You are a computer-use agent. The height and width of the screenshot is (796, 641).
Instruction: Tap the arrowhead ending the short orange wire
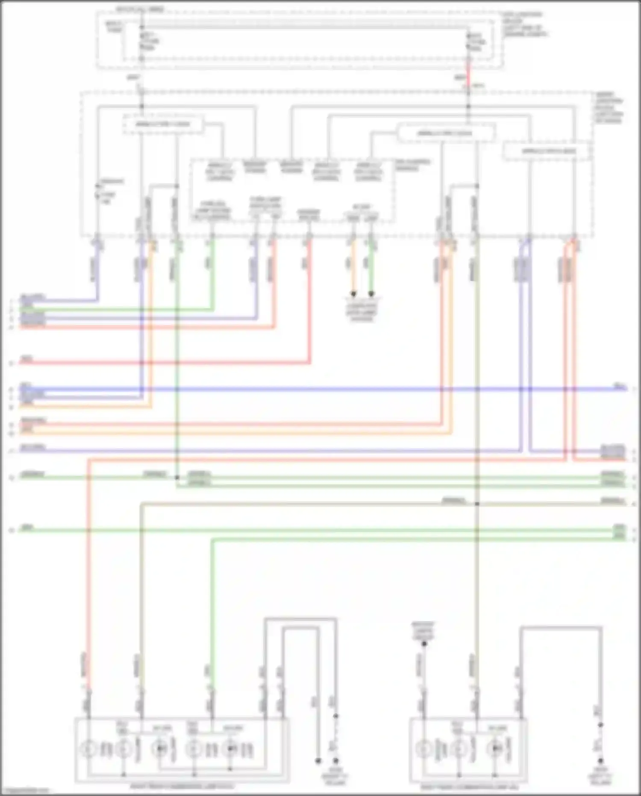[x=353, y=294]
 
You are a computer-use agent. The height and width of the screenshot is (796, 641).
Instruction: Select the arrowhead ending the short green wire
[x=371, y=294]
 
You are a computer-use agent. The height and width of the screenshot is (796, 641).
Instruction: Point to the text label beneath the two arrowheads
[x=362, y=312]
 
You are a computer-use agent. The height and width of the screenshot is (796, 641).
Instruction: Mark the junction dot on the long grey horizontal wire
[x=477, y=504]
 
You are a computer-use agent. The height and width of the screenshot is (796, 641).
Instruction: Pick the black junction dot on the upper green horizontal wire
[x=177, y=477]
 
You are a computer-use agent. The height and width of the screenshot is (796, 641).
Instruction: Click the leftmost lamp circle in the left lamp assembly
[x=88, y=749]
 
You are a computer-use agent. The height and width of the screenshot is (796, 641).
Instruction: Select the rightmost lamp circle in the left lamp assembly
[x=231, y=749]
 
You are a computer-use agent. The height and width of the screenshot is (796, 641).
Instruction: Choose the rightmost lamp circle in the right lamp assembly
[x=496, y=749]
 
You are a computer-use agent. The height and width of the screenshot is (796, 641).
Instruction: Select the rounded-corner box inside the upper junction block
[x=446, y=133]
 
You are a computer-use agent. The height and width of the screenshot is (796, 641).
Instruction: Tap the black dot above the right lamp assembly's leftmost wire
[x=424, y=655]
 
